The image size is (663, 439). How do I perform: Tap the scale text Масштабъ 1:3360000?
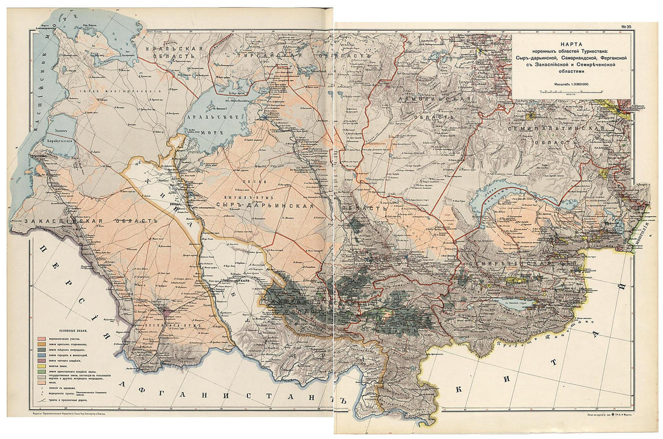[573, 84]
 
